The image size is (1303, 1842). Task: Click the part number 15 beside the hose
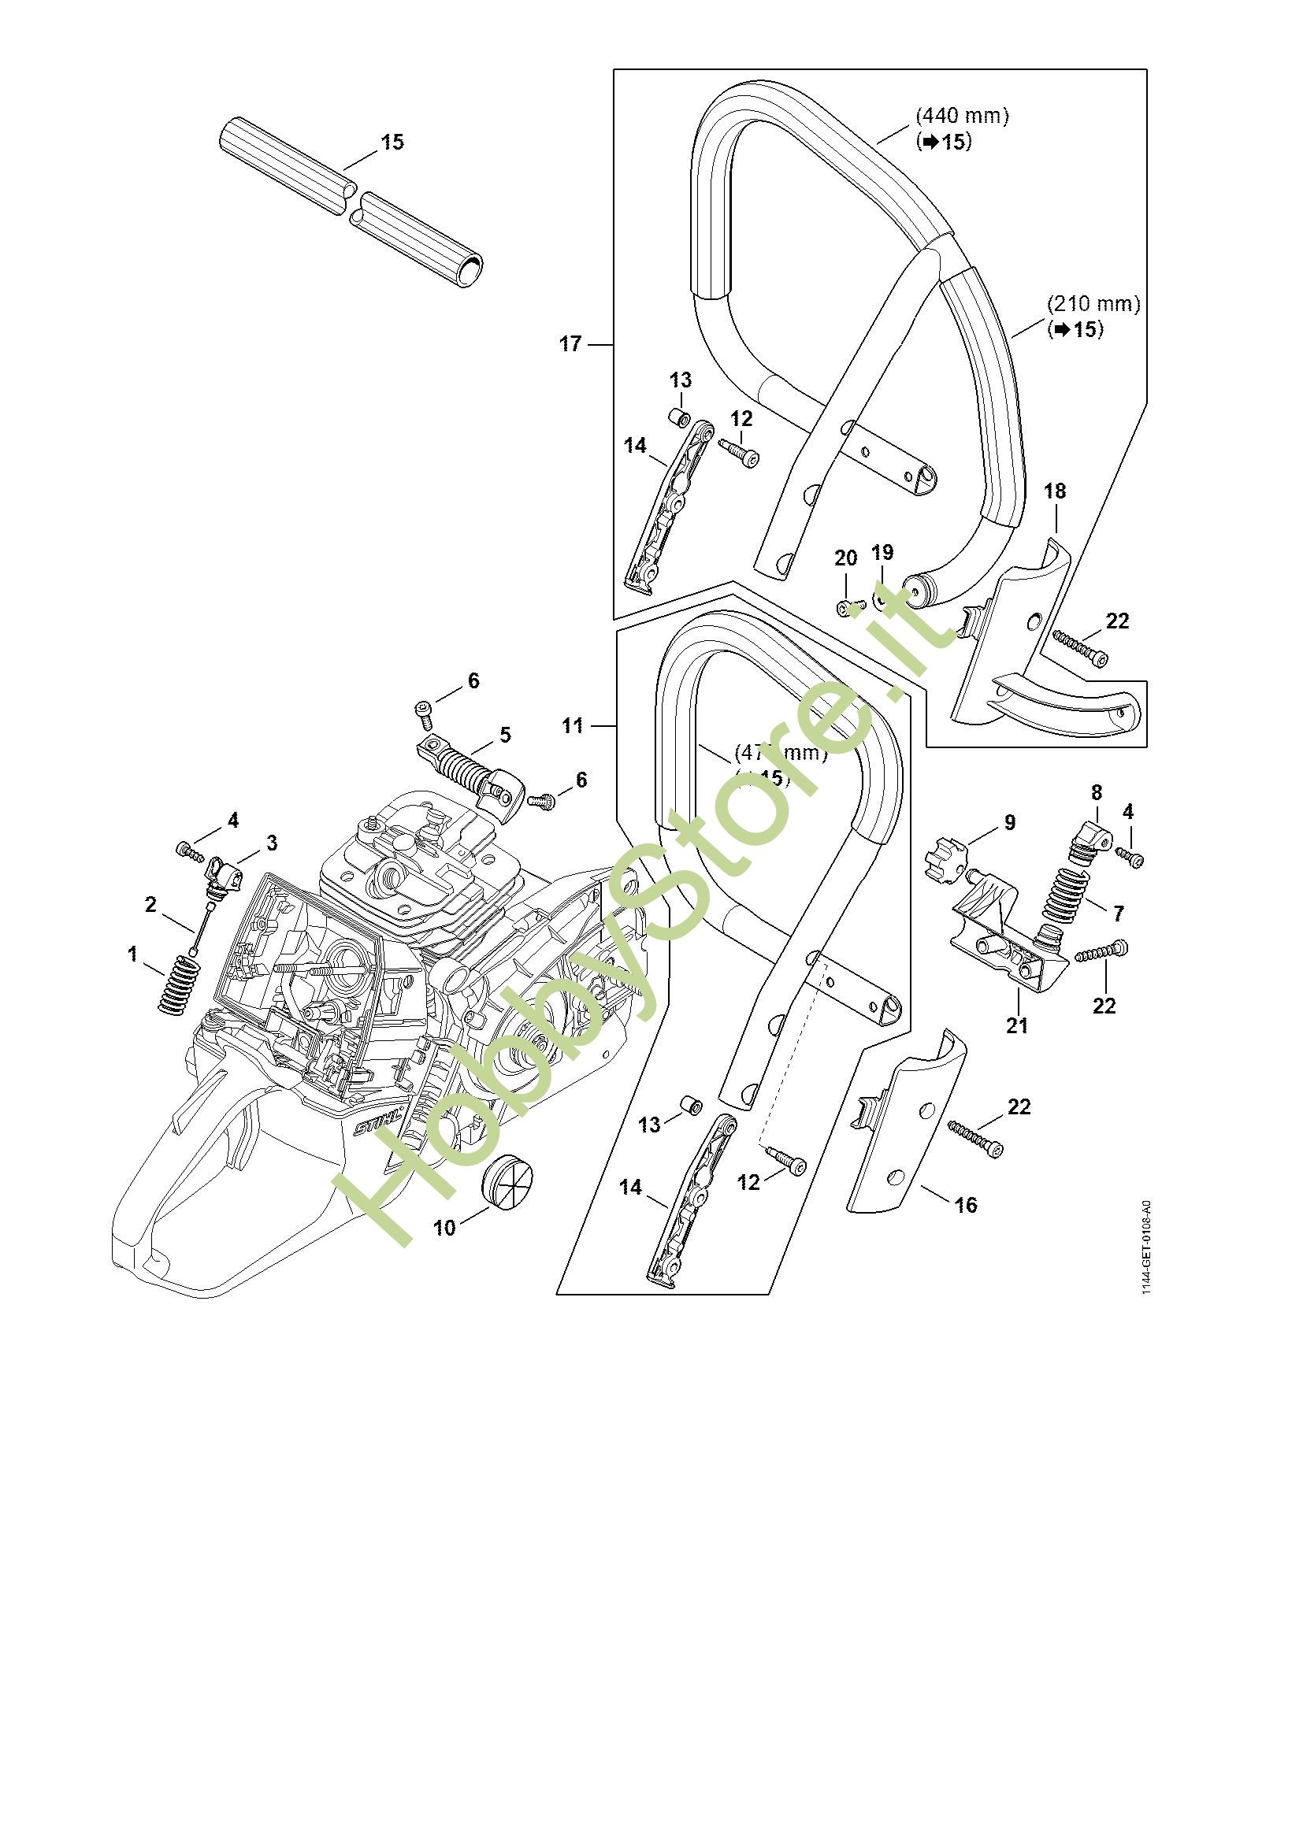pyautogui.click(x=392, y=143)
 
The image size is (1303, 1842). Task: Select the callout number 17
pyautogui.click(x=570, y=344)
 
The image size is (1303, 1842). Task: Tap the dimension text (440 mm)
pyautogui.click(x=962, y=116)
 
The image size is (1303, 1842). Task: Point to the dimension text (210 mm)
pyautogui.click(x=1093, y=304)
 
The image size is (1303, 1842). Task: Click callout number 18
pyautogui.click(x=1054, y=491)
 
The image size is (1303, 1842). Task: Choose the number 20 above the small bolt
pyautogui.click(x=845, y=558)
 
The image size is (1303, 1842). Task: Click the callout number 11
pyautogui.click(x=572, y=725)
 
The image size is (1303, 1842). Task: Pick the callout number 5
pyautogui.click(x=505, y=734)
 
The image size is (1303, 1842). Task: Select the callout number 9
pyautogui.click(x=1009, y=821)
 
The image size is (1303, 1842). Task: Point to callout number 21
pyautogui.click(x=1016, y=1025)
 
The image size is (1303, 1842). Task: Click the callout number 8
pyautogui.click(x=1097, y=793)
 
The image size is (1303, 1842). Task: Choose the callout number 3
pyautogui.click(x=272, y=843)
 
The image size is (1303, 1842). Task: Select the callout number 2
pyautogui.click(x=150, y=904)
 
